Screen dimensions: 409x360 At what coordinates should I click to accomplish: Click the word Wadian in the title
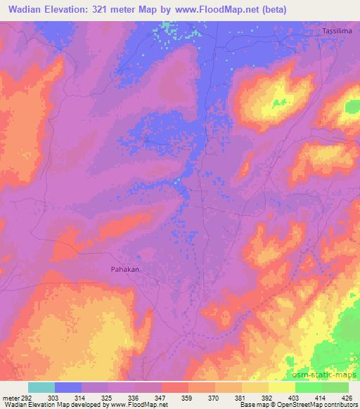pos(28,8)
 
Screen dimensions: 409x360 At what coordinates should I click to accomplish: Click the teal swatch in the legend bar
pos(41,387)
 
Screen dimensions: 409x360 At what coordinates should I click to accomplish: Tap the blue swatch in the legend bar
pos(68,387)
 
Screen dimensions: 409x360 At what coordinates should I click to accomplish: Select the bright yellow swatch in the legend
pos(282,387)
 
